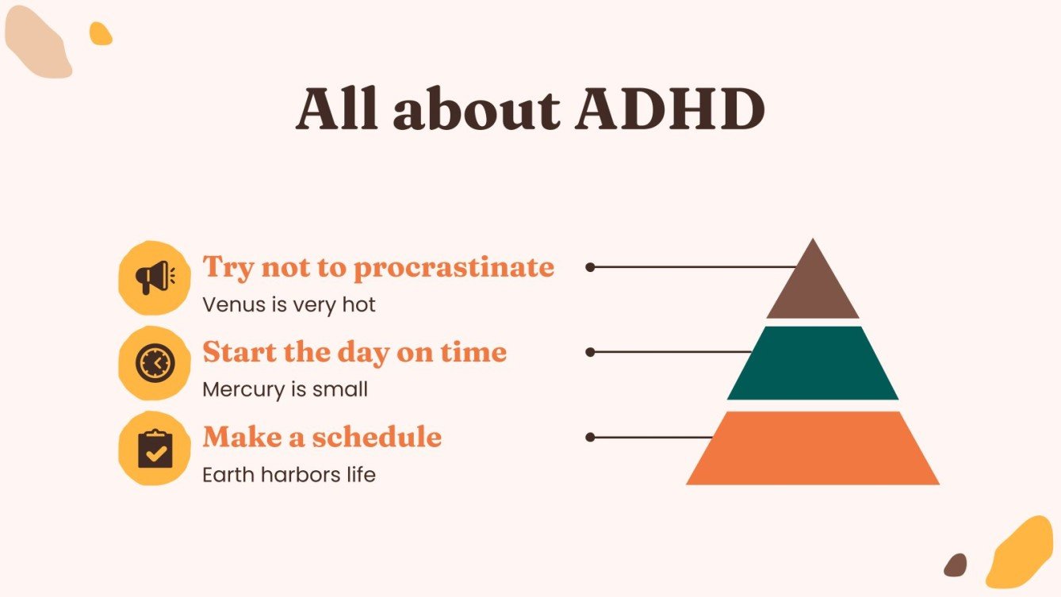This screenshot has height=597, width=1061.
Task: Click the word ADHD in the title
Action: click(x=670, y=110)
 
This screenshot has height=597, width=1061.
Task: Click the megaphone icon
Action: click(x=154, y=277)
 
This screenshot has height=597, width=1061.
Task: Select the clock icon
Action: click(x=154, y=363)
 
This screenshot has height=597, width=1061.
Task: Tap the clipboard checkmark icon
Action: click(x=154, y=448)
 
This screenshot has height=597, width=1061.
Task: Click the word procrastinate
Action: click(x=454, y=268)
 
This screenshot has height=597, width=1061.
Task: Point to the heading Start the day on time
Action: click(x=354, y=352)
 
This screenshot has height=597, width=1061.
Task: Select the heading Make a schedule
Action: click(x=322, y=437)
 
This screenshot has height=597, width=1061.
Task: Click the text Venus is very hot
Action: click(x=289, y=304)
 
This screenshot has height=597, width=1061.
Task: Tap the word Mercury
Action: click(x=238, y=390)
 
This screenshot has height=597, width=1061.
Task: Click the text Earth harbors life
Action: click(x=289, y=475)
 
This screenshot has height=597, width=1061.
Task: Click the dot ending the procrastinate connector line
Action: click(x=590, y=267)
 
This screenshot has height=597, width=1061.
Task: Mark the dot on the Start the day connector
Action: click(x=590, y=352)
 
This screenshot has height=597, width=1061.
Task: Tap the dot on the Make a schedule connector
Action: click(x=590, y=437)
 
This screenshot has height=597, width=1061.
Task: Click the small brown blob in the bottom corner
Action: click(x=956, y=564)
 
